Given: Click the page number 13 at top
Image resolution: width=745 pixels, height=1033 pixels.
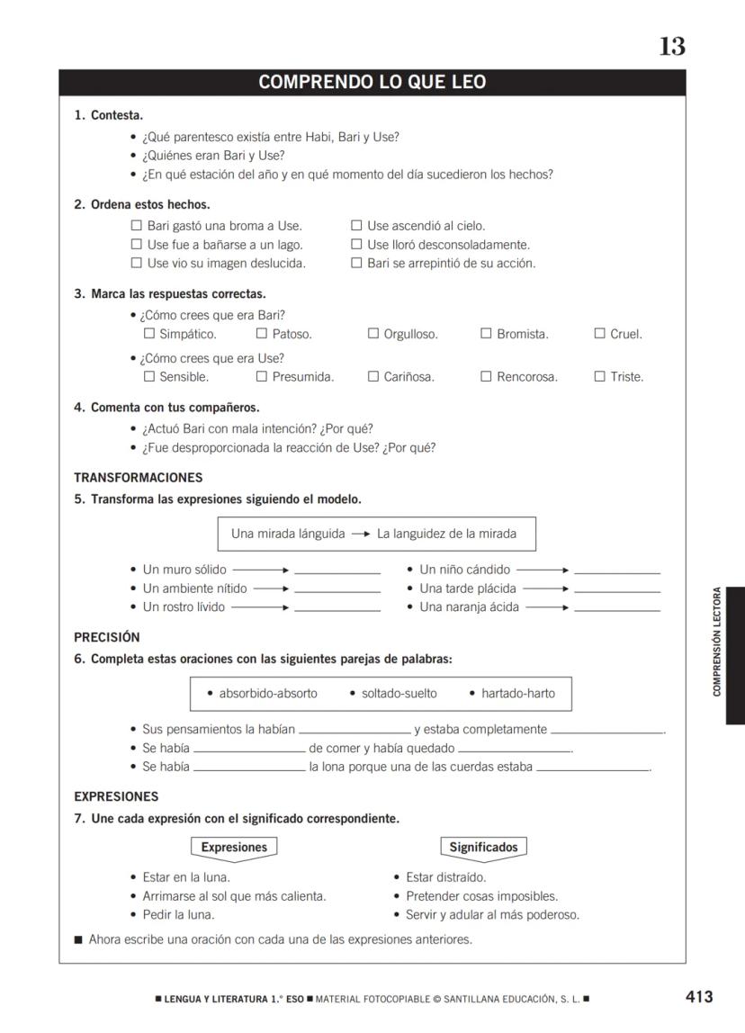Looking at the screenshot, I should (x=671, y=47).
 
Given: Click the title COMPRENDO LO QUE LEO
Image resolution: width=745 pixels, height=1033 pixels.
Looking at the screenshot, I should (x=372, y=83).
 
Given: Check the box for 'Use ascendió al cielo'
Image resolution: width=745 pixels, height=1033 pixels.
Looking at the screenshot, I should (x=356, y=226).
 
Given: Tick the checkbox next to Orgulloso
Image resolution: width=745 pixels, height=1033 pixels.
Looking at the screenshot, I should (x=373, y=334).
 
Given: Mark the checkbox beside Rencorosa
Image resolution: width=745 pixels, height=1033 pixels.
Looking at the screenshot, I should (x=486, y=377).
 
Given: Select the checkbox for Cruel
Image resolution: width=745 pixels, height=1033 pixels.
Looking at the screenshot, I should (x=599, y=334).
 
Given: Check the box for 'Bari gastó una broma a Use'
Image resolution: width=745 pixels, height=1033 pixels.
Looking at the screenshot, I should (x=137, y=226).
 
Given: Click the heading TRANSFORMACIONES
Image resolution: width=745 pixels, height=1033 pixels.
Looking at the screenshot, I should (x=138, y=478).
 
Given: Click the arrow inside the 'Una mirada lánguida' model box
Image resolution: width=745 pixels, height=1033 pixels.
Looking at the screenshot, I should (x=361, y=534).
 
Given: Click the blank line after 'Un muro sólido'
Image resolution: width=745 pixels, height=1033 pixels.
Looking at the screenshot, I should (x=337, y=571).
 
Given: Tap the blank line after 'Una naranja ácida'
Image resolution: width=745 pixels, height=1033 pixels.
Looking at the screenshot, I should (x=616, y=609).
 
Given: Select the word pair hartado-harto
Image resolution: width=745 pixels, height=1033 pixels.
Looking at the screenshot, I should (x=517, y=694).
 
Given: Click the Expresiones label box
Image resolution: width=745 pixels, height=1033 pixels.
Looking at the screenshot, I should (x=234, y=848).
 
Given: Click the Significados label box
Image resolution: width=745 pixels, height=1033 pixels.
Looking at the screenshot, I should (x=483, y=848).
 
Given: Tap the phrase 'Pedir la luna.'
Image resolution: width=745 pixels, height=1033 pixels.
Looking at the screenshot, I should (x=178, y=915).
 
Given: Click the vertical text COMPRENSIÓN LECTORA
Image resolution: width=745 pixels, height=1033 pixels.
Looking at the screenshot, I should (x=717, y=642).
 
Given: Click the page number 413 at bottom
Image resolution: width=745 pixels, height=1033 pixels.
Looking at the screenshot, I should (x=698, y=996).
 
